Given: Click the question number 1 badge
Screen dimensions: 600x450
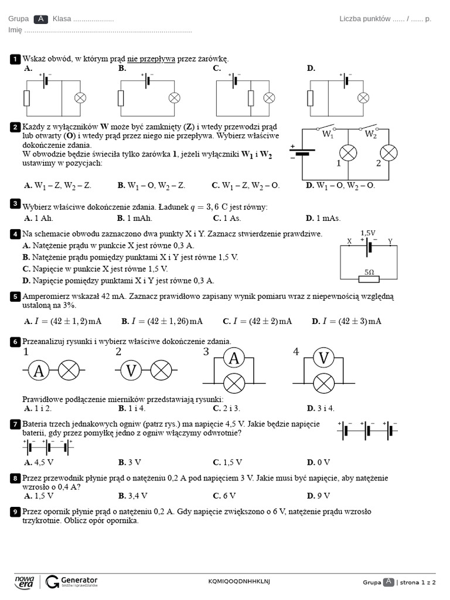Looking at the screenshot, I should point(15,59).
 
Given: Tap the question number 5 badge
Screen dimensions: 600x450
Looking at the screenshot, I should point(15,296).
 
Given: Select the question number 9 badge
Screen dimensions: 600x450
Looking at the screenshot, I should point(15,512).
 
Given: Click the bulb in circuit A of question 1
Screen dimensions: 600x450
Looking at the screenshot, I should point(82,97).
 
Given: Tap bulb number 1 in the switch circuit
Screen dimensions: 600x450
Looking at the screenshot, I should point(349,153).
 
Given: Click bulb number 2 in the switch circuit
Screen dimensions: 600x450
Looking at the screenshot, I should point(388,153).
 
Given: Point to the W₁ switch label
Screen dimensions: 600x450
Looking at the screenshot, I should point(328,134).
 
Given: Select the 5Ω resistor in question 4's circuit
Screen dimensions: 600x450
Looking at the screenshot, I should point(369,278).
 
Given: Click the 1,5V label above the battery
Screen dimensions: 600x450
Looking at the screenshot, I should point(368,233).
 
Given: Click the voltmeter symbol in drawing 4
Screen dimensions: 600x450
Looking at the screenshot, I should point(323,357).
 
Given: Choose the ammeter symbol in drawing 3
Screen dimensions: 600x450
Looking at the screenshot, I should point(234,357).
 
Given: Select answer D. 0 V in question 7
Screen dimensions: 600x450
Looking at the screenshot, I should point(318,462).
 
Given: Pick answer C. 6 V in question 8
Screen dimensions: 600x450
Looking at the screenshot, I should point(224,495).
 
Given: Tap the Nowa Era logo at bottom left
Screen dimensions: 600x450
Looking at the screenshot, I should point(24,581).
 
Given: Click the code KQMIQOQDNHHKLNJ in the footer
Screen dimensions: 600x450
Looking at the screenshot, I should point(240,581).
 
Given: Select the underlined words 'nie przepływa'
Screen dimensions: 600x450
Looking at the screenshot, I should point(151,59).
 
